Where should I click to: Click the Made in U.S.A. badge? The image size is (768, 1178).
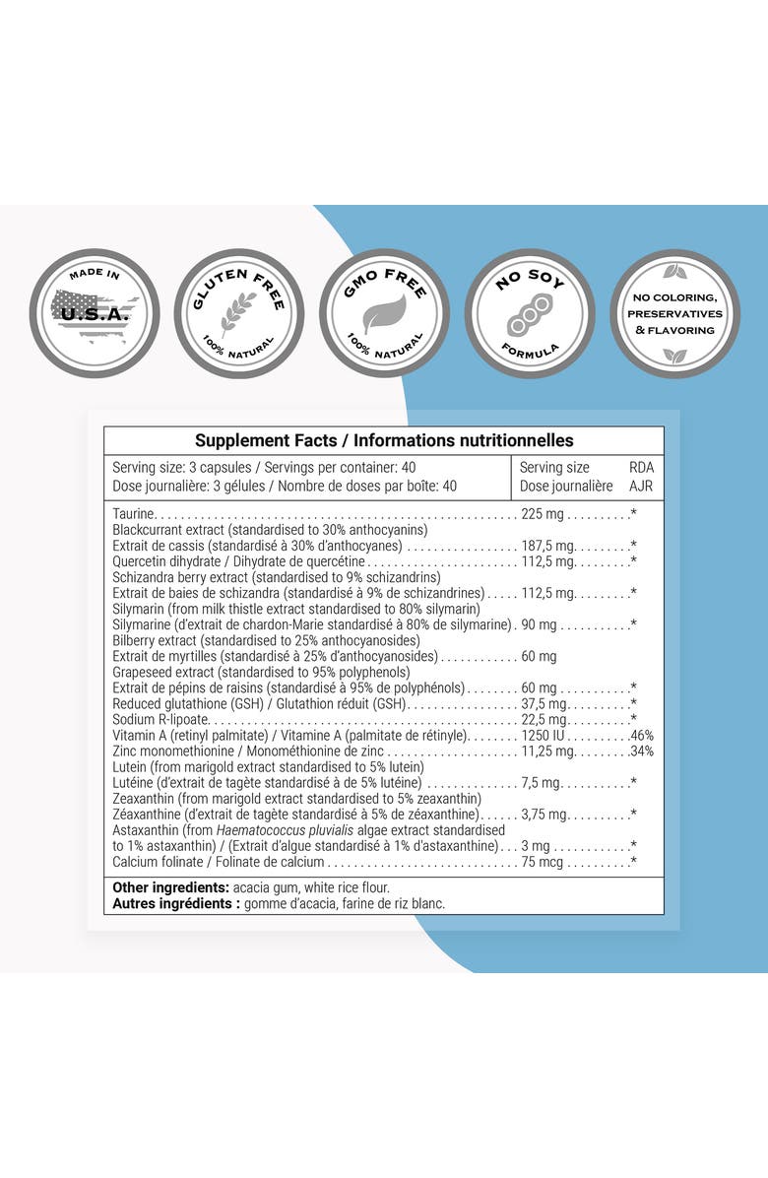pyautogui.click(x=95, y=313)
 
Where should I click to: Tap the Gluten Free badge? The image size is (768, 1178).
pyautogui.click(x=239, y=313)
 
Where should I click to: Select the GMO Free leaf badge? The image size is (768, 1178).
pyautogui.click(x=384, y=313)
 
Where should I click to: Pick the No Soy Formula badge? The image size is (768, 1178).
pyautogui.click(x=529, y=313)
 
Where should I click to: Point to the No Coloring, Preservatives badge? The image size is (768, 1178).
pyautogui.click(x=674, y=313)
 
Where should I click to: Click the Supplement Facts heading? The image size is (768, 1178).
pyautogui.click(x=384, y=441)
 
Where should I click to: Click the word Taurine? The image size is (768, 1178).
pyautogui.click(x=134, y=514)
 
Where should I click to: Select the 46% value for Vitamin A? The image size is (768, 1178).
pyautogui.click(x=642, y=736)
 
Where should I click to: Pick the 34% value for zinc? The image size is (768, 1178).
pyautogui.click(x=642, y=752)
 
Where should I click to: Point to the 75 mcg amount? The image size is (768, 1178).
pyautogui.click(x=544, y=862)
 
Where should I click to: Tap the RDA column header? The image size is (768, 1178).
pyautogui.click(x=641, y=468)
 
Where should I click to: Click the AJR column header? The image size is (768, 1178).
pyautogui.click(x=641, y=486)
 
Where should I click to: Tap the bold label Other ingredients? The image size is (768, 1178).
pyautogui.click(x=171, y=887)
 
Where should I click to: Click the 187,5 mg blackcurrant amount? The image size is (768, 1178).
pyautogui.click(x=548, y=546)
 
